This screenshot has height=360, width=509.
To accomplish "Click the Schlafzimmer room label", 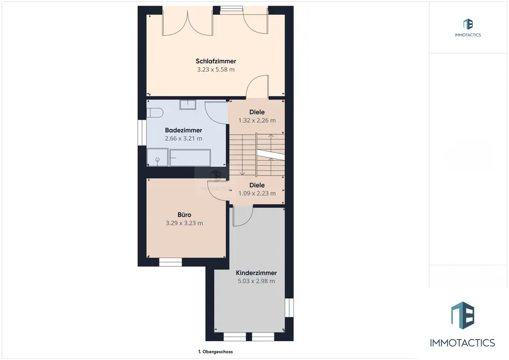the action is (x=216, y=61).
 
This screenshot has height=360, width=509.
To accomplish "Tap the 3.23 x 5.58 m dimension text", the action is (x=216, y=69).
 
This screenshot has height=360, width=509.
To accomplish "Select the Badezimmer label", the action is (x=183, y=130).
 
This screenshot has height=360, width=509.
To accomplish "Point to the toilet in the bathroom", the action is (x=155, y=113).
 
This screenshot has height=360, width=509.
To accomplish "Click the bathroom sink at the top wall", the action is (x=188, y=105).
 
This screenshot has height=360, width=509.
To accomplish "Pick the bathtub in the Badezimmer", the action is (x=190, y=158).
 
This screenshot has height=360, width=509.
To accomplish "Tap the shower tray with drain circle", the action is (x=157, y=157).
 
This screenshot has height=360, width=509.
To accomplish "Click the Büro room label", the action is (x=184, y=215).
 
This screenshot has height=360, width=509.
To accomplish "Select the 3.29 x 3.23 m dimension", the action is (x=184, y=223).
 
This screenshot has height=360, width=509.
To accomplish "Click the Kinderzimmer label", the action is (x=257, y=273).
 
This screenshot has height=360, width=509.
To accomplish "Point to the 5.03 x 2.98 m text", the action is (x=257, y=281).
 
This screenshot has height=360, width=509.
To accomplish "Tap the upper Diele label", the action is (x=257, y=112).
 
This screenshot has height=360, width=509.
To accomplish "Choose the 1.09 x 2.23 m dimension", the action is (x=257, y=193).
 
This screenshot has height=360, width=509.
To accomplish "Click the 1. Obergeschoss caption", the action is (x=215, y=351).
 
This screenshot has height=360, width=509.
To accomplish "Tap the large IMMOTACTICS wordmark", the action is (x=463, y=343).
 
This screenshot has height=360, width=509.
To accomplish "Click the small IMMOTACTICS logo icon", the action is (x=468, y=24).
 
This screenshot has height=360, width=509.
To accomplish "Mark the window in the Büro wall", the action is (x=171, y=262).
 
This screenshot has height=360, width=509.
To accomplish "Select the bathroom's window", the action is (x=142, y=133).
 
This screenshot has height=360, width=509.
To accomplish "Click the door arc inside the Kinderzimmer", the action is (x=247, y=221).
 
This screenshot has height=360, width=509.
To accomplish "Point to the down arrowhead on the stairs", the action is (x=242, y=173).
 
